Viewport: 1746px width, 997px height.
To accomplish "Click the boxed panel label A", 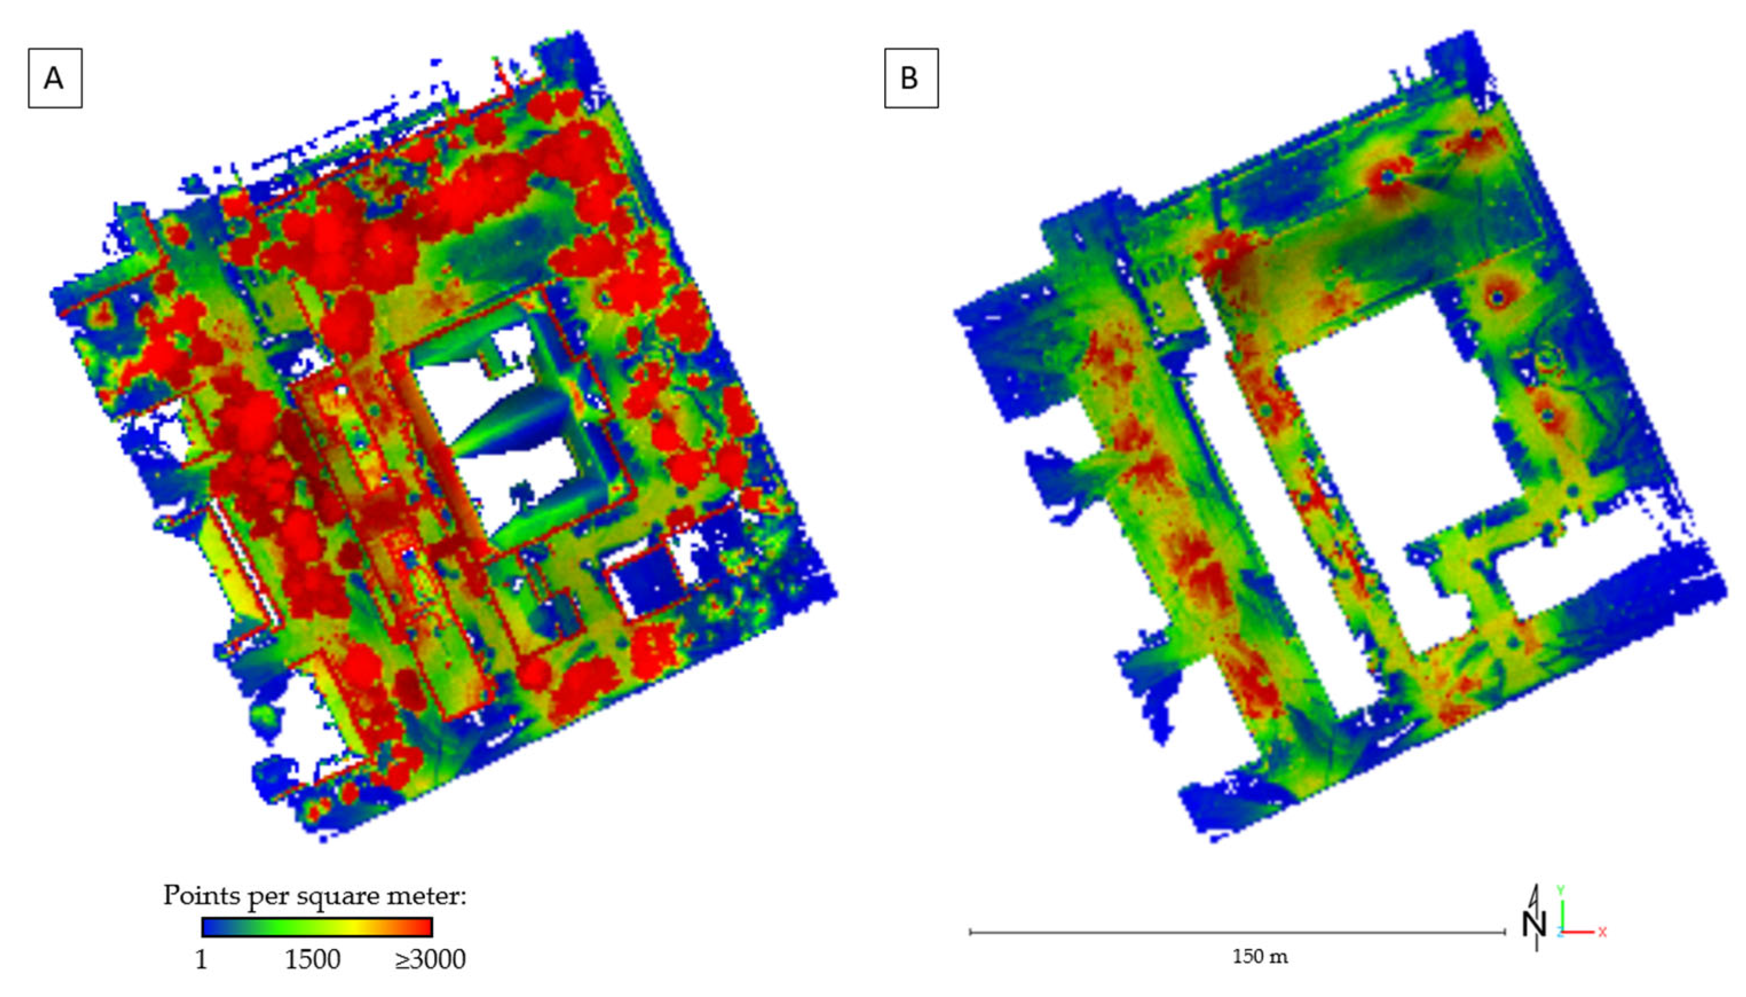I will (x=55, y=78).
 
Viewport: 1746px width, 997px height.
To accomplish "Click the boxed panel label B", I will (x=910, y=78).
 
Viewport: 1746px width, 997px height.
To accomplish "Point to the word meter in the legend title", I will (x=427, y=895).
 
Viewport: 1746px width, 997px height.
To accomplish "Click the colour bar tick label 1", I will (x=201, y=959).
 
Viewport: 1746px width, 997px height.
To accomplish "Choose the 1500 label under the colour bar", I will (x=312, y=959).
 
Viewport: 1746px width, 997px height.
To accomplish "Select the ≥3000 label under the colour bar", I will (x=430, y=959).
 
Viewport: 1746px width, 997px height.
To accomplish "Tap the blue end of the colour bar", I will (x=209, y=927).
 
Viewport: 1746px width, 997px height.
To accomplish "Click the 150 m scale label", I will (x=1260, y=956).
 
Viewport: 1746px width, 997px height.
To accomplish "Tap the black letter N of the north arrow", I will (x=1534, y=926).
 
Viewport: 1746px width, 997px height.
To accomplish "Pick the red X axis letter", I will (x=1602, y=932).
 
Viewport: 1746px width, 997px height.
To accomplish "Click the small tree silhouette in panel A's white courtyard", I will (x=523, y=493).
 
